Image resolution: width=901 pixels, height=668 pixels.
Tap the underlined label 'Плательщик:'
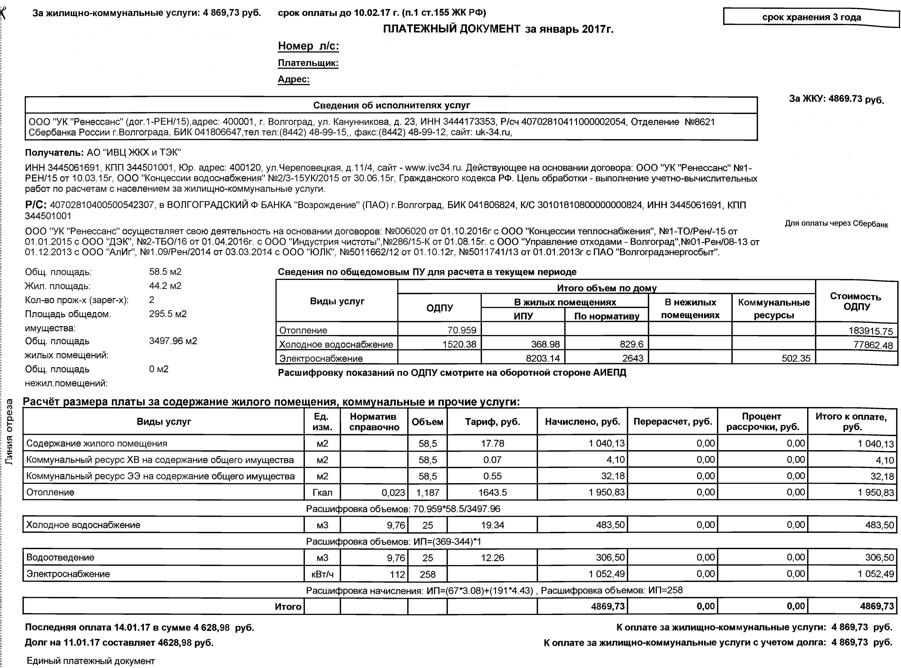click(308, 63)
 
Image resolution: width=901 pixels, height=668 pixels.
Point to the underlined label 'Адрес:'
click(294, 79)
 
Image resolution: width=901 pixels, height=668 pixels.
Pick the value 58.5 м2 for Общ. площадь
click(165, 272)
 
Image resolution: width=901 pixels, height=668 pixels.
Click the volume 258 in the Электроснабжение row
click(428, 574)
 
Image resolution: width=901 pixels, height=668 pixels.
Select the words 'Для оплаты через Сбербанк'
click(836, 224)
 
